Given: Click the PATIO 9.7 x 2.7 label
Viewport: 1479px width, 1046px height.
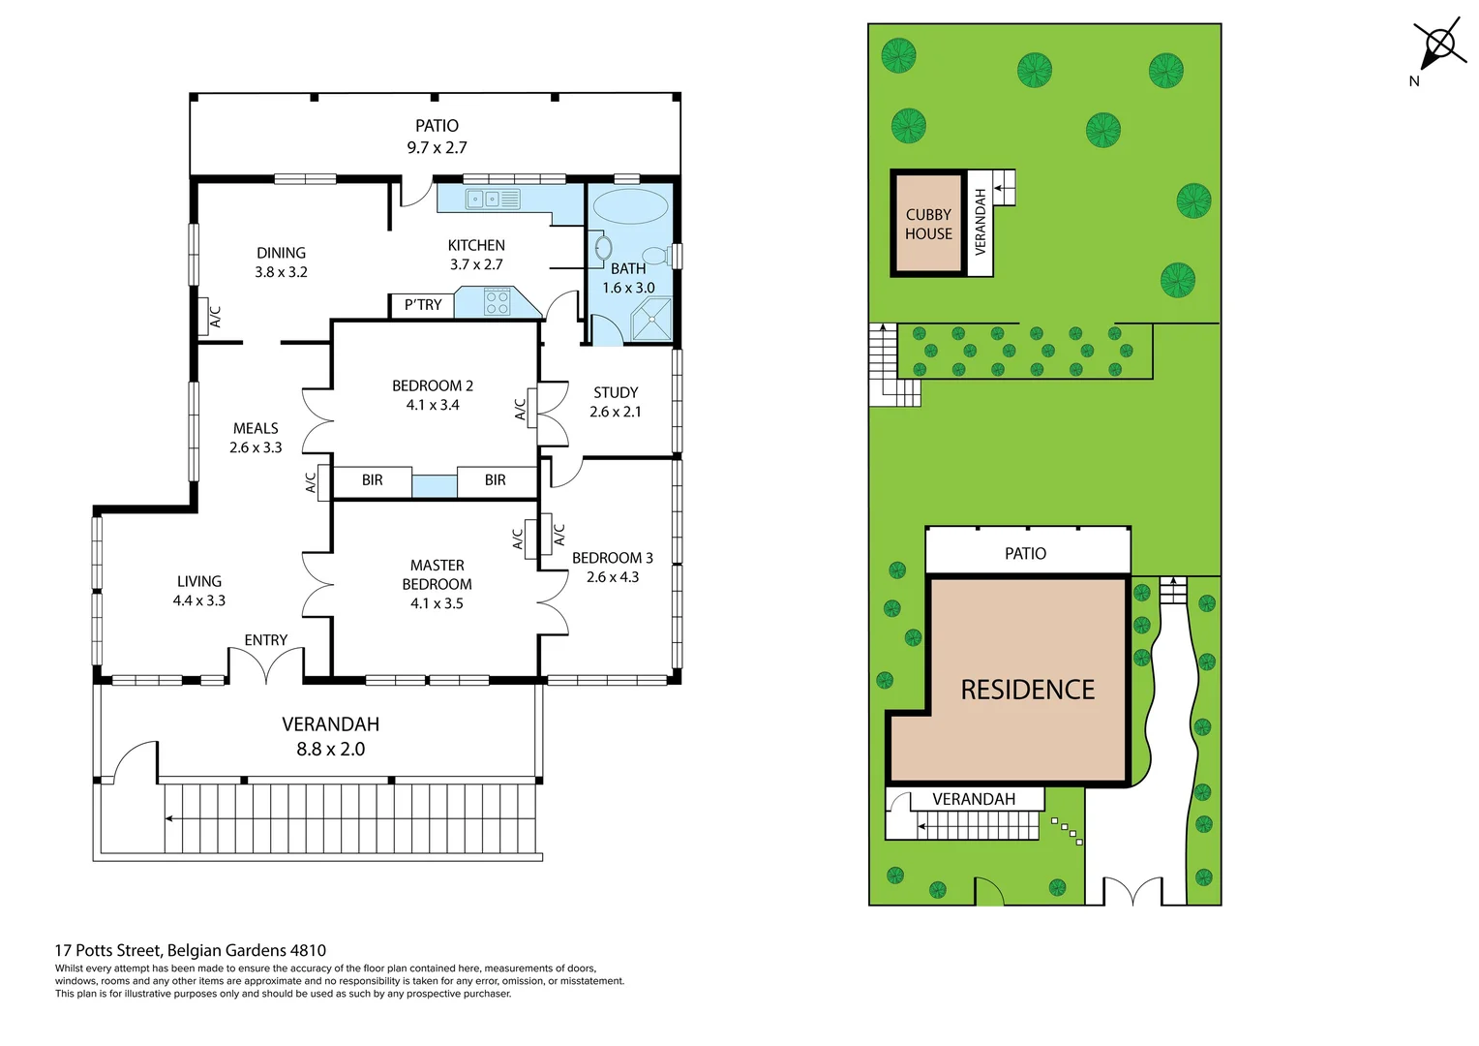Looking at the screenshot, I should click(437, 137).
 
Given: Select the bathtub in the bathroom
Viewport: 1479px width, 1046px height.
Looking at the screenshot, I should click(629, 207).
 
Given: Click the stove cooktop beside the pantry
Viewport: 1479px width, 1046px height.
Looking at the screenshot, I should click(497, 302).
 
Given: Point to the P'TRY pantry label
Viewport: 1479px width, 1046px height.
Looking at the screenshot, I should click(423, 305).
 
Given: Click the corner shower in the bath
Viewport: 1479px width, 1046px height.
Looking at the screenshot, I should click(651, 321).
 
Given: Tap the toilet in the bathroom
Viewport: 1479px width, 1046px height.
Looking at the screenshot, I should click(656, 256).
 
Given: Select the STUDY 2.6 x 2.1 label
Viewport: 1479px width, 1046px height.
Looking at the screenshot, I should click(616, 402).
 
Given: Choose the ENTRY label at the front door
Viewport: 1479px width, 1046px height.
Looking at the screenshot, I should click(265, 640).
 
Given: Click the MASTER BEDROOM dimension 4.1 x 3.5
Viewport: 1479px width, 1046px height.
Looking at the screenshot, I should click(437, 603).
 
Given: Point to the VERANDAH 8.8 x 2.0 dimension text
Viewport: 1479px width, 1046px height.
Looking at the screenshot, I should click(330, 749).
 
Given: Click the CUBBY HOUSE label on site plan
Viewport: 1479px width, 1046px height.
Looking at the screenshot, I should click(928, 224).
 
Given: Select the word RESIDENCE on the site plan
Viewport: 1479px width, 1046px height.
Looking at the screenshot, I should click(1027, 690).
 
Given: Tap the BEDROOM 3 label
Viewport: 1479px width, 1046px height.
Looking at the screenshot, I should click(612, 558).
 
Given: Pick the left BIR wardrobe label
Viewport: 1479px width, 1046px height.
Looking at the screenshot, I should click(372, 480).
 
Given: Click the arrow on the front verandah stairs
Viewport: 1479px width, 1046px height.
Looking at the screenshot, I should click(170, 818).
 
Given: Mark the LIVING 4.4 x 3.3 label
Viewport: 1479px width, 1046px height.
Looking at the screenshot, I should click(199, 591).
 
